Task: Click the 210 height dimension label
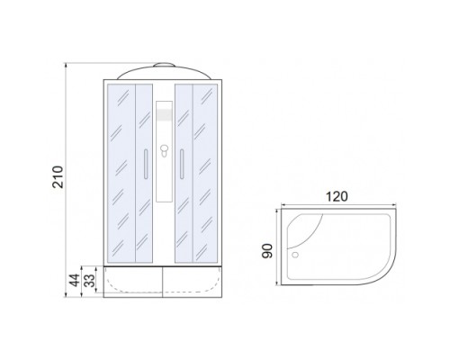pyautogui.click(x=58, y=177)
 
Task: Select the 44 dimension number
pyautogui.click(x=75, y=281)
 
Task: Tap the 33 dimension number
pyautogui.click(x=89, y=281)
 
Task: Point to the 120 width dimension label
pyautogui.click(x=337, y=196)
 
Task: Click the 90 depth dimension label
pyautogui.click(x=267, y=251)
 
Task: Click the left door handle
pyautogui.click(x=146, y=164)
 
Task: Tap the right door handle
pyautogui.click(x=182, y=164)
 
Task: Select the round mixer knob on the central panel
pyautogui.click(x=164, y=148)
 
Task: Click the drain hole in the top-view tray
pyautogui.click(x=295, y=255)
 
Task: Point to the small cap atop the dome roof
pyautogui.click(x=164, y=65)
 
